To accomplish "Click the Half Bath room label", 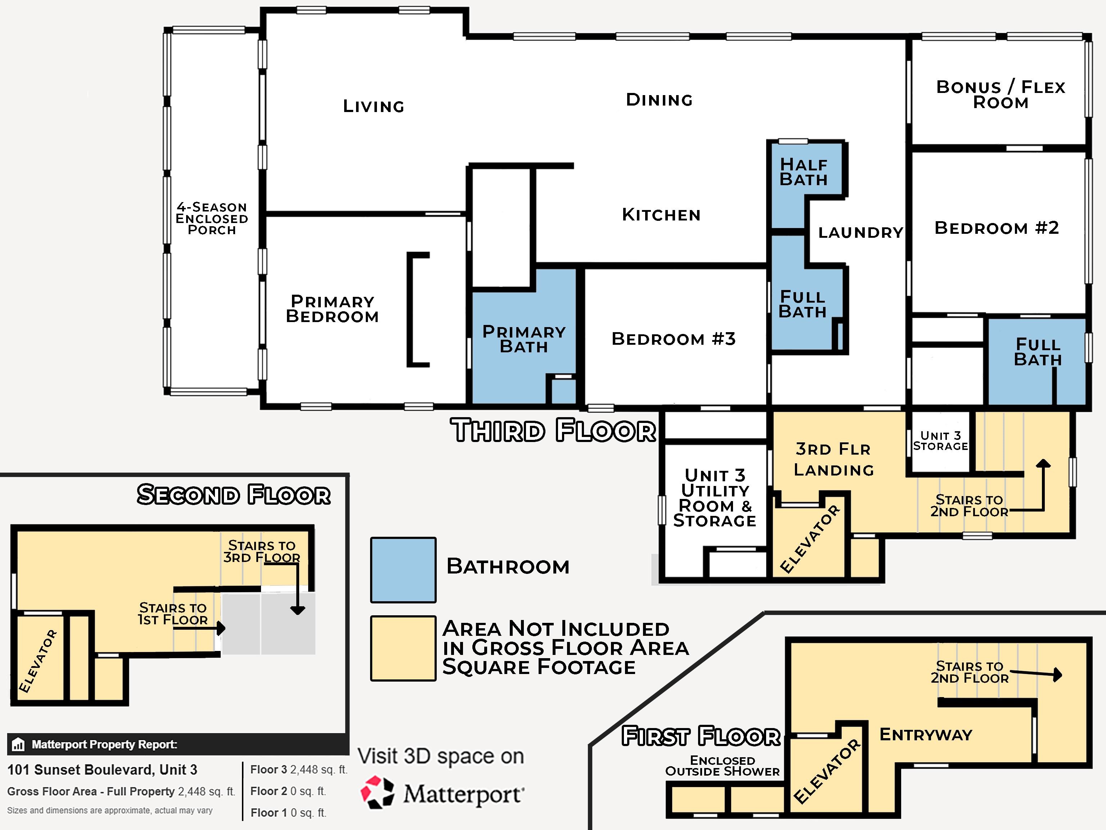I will (804, 172).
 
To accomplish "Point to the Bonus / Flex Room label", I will (1001, 94).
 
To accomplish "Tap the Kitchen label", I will (661, 215).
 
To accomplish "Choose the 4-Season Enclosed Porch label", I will (211, 219).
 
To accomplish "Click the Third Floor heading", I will (553, 431).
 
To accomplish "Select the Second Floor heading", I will (234, 495).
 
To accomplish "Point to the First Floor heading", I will (701, 736).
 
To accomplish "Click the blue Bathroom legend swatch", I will (403, 570).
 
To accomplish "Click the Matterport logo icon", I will (378, 793).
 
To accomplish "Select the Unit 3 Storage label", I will (940, 441).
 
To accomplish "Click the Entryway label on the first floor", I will (926, 735).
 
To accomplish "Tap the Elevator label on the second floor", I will (38, 661).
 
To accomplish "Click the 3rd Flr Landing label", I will (833, 459).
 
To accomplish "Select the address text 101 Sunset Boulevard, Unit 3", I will (102, 769).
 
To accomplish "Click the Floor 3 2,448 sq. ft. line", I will (298, 769).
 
